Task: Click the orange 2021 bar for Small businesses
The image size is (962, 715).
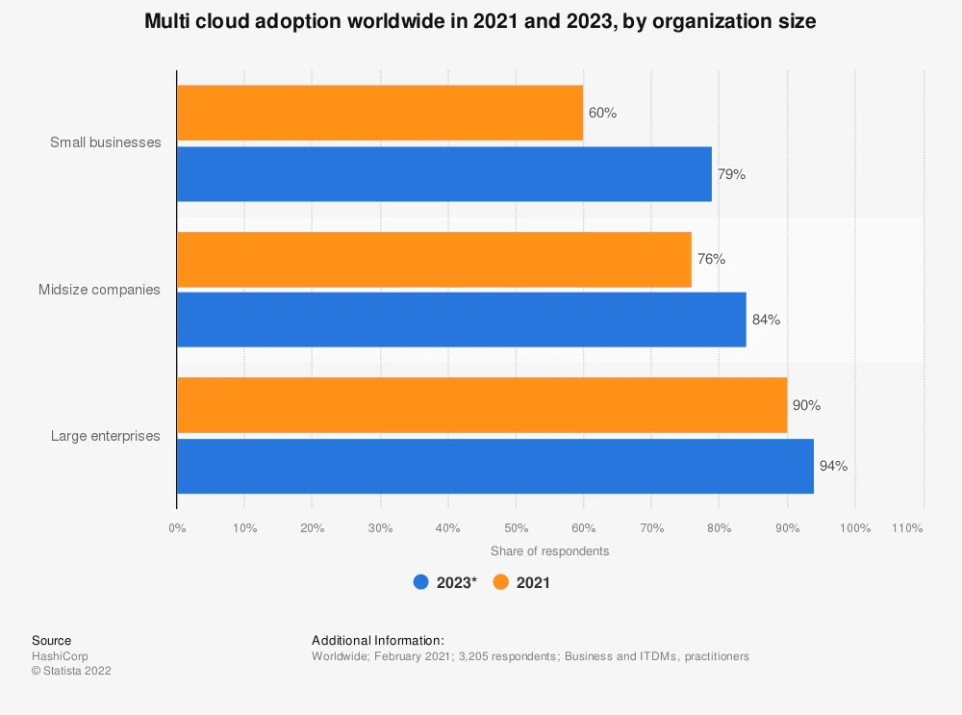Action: [x=380, y=113]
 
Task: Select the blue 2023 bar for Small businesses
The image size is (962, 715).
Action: [x=443, y=174]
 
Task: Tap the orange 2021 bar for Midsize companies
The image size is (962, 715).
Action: [x=434, y=259]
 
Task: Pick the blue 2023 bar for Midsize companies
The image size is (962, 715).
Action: [x=461, y=319]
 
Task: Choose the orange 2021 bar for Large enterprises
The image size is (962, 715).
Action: [x=481, y=405]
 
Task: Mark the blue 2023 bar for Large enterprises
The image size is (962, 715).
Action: [x=494, y=466]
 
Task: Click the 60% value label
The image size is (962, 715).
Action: [x=602, y=113]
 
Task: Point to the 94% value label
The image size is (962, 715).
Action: [x=833, y=466]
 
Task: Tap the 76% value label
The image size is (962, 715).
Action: [x=711, y=259]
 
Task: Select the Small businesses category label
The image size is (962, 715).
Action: [x=105, y=142]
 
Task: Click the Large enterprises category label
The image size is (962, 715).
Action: [x=105, y=436]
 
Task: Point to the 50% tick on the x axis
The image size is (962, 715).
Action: [x=516, y=528]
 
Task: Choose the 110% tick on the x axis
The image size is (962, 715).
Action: [x=907, y=528]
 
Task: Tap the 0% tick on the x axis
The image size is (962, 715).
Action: [x=177, y=528]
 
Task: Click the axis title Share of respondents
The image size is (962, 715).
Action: [x=549, y=551]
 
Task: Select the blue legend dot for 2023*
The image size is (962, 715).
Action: [x=420, y=582]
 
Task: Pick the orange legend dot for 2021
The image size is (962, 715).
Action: [x=500, y=582]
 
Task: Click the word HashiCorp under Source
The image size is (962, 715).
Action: [x=59, y=656]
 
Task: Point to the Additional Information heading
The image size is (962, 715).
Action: [x=378, y=640]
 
